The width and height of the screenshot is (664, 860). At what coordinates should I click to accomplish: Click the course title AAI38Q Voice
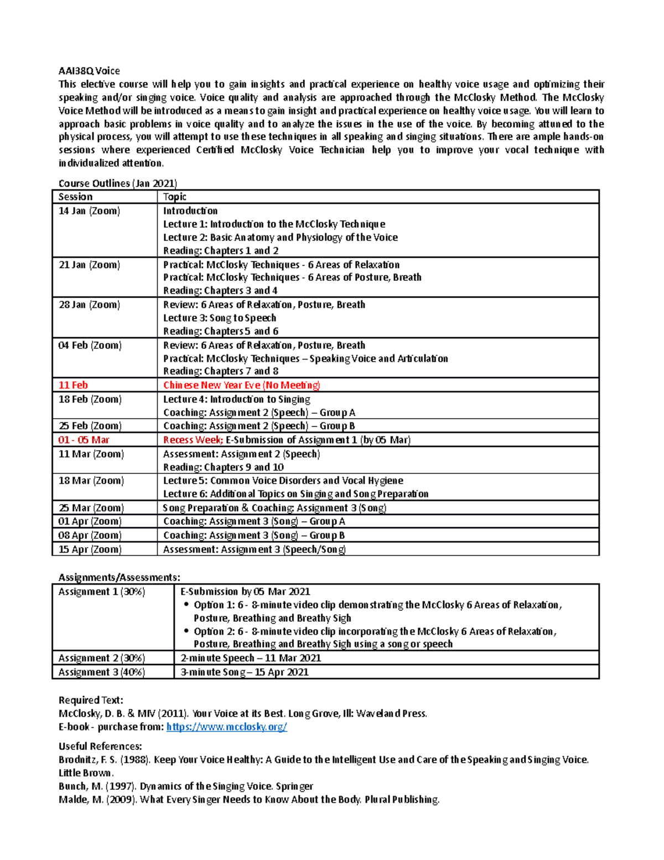tap(89, 71)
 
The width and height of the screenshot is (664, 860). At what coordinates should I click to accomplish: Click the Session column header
tap(75, 197)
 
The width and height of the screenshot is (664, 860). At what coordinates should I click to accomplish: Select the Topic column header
tap(174, 197)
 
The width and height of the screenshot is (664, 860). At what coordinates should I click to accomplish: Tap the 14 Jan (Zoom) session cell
tap(89, 211)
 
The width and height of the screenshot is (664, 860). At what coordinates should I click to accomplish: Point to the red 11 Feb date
tap(73, 385)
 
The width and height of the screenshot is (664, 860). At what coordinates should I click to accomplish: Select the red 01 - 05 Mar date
tap(84, 440)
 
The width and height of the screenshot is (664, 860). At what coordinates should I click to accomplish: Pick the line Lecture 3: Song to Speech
tap(219, 318)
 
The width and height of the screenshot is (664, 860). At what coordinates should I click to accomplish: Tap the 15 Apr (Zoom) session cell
tap(90, 549)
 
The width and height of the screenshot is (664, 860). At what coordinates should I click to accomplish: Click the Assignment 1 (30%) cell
tap(102, 591)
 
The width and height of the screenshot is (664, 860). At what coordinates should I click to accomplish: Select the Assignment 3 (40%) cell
tap(102, 672)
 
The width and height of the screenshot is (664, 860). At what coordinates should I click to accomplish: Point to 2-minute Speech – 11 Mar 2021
tap(251, 658)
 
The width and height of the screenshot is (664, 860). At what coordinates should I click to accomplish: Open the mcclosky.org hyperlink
tap(226, 727)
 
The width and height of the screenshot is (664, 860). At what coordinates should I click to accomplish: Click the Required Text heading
tap(91, 700)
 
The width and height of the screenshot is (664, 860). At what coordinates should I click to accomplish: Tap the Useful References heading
tap(100, 746)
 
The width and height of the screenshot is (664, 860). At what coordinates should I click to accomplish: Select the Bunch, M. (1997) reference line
tap(185, 786)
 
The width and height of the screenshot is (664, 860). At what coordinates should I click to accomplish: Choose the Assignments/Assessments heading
tap(119, 578)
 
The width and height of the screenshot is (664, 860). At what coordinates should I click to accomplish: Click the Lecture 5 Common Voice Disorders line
tap(283, 481)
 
